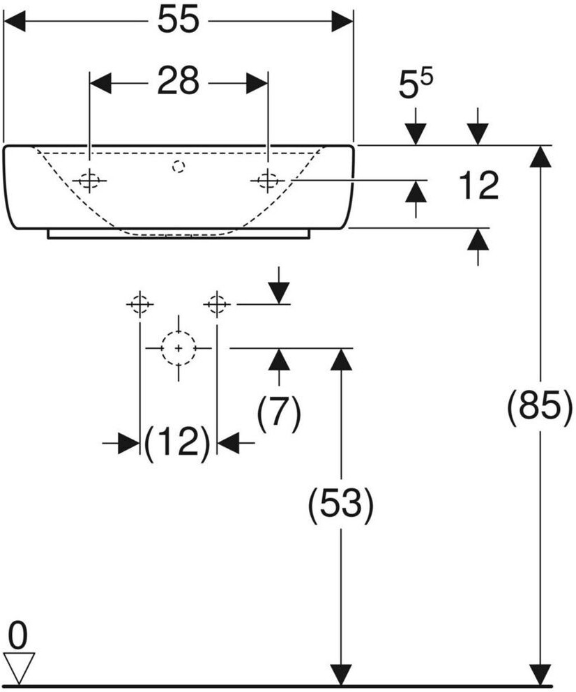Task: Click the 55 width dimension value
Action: point(178,22)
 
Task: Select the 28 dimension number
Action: point(178,83)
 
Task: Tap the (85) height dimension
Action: point(535,407)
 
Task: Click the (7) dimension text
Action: point(279,413)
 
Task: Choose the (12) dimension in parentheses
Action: point(177,443)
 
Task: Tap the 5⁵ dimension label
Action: point(416,86)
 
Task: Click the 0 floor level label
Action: point(19,635)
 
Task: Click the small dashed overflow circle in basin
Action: point(179,166)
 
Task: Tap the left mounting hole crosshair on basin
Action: point(89,181)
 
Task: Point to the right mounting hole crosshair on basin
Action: point(268,181)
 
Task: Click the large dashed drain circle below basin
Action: point(179,347)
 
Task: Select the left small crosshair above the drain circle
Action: point(139,304)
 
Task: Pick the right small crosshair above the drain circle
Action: point(217,304)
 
